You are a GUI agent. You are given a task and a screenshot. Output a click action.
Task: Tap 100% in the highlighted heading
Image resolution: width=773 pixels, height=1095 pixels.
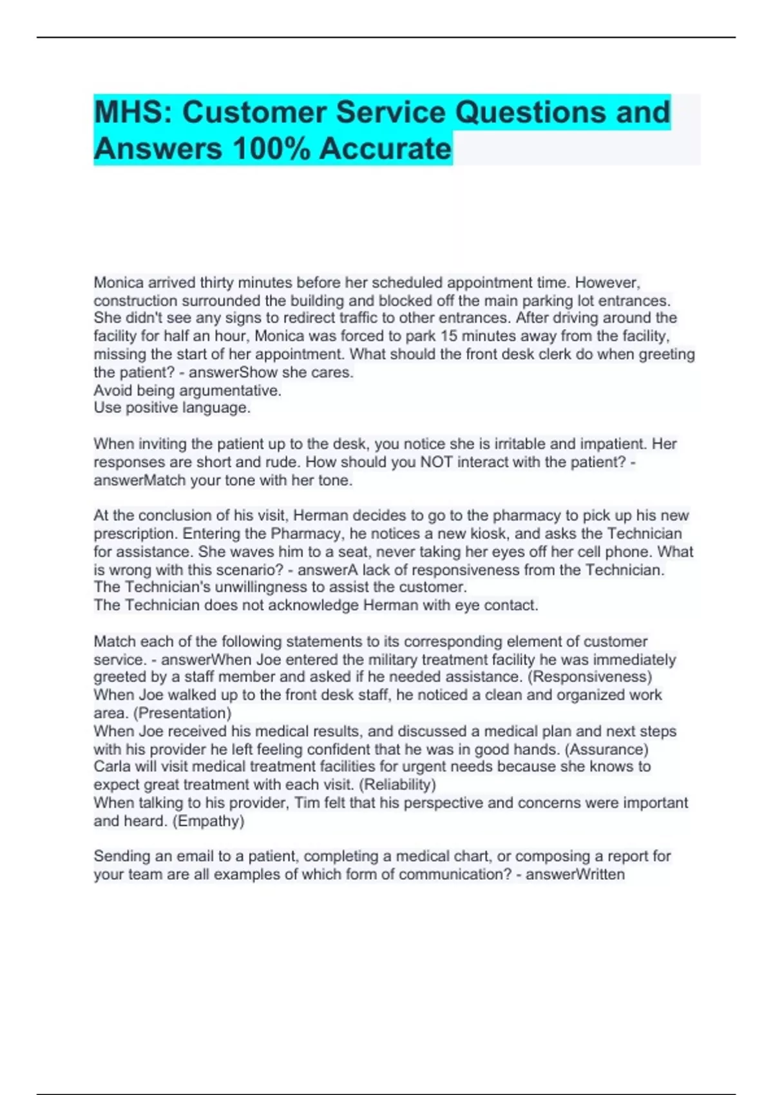(x=271, y=149)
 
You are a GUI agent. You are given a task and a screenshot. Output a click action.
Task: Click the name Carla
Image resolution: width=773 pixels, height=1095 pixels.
(x=113, y=766)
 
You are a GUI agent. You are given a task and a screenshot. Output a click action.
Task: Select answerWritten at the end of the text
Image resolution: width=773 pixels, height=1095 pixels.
(x=575, y=875)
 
